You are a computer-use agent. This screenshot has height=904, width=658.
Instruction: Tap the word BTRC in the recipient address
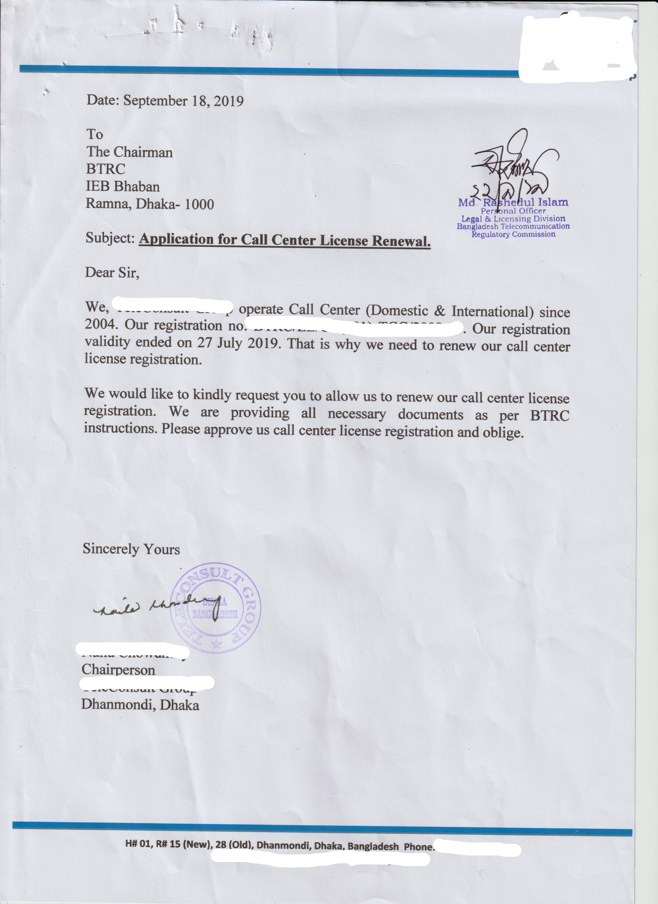pyautogui.click(x=106, y=169)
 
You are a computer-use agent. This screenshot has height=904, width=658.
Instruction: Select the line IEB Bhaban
pyautogui.click(x=123, y=187)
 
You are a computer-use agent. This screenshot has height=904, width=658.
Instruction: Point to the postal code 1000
pyautogui.click(x=199, y=204)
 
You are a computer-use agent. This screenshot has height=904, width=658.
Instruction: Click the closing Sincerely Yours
pyautogui.click(x=131, y=549)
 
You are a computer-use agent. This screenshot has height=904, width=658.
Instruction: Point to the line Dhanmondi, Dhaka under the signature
pyautogui.click(x=140, y=705)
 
